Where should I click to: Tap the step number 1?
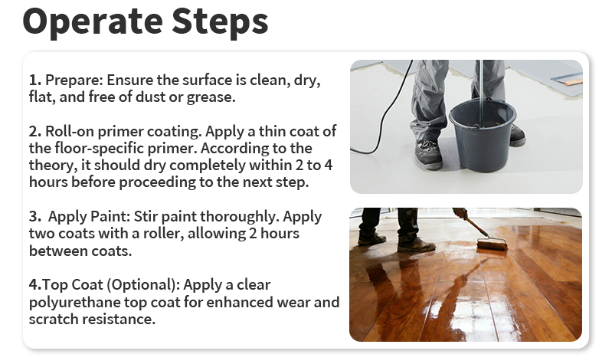[x=34, y=80]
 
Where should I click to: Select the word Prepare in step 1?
[x=73, y=80]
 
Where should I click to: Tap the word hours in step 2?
[x=50, y=182]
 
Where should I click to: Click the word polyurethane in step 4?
[x=77, y=302]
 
